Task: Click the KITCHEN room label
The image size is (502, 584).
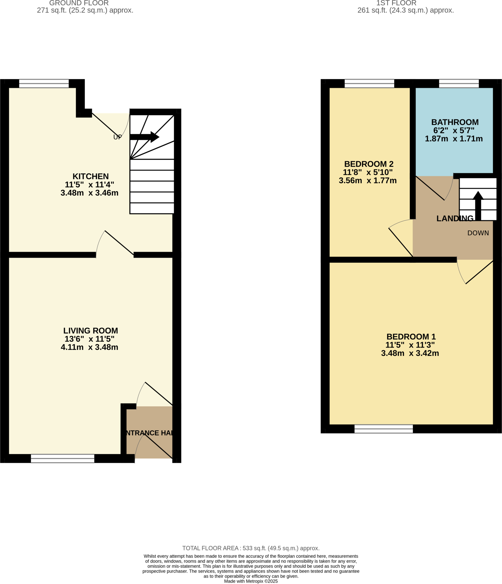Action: [90, 176]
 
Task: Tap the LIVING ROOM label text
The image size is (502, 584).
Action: [90, 330]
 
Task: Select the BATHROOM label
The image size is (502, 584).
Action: [455, 122]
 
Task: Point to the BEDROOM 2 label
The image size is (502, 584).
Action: [369, 164]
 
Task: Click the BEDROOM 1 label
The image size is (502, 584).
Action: [411, 336]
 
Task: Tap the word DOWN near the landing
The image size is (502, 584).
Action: [478, 233]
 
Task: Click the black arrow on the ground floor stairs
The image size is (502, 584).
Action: [144, 137]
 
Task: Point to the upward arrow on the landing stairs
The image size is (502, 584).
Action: [478, 205]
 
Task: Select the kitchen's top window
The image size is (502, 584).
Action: [44, 84]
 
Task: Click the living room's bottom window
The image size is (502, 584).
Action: [62, 458]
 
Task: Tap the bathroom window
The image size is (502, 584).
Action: [459, 84]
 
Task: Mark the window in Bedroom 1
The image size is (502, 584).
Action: [383, 429]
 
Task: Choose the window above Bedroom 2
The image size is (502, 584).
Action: [369, 84]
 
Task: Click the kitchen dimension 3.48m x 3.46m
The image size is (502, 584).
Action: [89, 193]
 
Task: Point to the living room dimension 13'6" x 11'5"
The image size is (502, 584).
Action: [89, 339]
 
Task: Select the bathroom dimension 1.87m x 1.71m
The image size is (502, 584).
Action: [454, 139]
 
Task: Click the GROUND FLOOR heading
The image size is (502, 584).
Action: [79, 3]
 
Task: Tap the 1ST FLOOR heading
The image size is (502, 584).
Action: [396, 3]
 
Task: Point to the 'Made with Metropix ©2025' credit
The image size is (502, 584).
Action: [251, 581]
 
